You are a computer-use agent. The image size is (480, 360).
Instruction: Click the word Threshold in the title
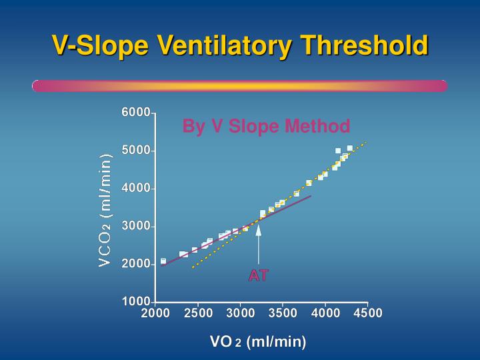364,45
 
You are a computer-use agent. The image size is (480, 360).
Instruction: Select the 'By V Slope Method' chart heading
266,126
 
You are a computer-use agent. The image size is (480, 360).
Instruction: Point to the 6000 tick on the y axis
136,113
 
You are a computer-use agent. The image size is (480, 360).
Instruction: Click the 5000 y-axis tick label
136,151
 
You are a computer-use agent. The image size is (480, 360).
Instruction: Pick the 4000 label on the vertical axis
136,189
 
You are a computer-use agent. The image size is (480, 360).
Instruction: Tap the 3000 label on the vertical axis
136,227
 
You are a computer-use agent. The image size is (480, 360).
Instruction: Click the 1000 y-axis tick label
136,302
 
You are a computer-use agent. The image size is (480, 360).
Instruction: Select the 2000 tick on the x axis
155,314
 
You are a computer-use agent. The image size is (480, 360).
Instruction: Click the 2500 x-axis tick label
197,314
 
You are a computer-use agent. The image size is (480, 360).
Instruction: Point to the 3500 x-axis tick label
283,314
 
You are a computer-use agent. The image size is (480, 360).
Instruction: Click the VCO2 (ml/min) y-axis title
105,209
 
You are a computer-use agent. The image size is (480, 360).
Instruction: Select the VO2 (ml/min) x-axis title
258,342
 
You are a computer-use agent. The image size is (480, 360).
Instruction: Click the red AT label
258,275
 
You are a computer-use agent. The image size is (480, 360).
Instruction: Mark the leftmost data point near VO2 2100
163,261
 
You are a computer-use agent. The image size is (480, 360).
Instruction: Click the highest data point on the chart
350,148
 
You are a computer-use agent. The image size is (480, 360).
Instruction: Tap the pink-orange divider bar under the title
239,86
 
